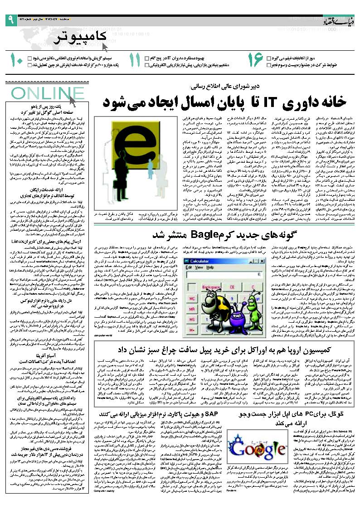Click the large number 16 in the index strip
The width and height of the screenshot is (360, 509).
[255, 61]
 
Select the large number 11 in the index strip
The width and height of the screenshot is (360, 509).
[135, 61]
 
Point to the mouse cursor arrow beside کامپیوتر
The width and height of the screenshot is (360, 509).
[105, 46]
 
